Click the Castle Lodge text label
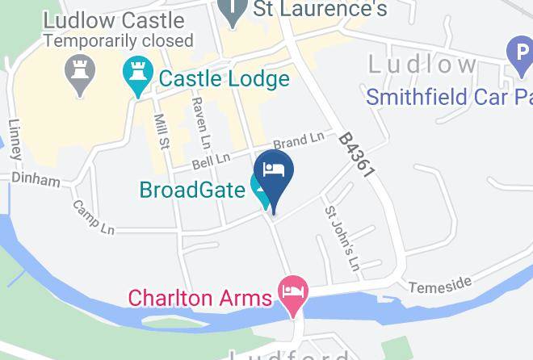tap(224, 79)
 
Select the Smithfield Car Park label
tap(449, 97)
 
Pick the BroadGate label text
tap(192, 190)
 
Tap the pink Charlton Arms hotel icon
tap(292, 290)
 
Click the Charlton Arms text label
tap(199, 297)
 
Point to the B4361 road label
tap(359, 157)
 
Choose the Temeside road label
tap(439, 285)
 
